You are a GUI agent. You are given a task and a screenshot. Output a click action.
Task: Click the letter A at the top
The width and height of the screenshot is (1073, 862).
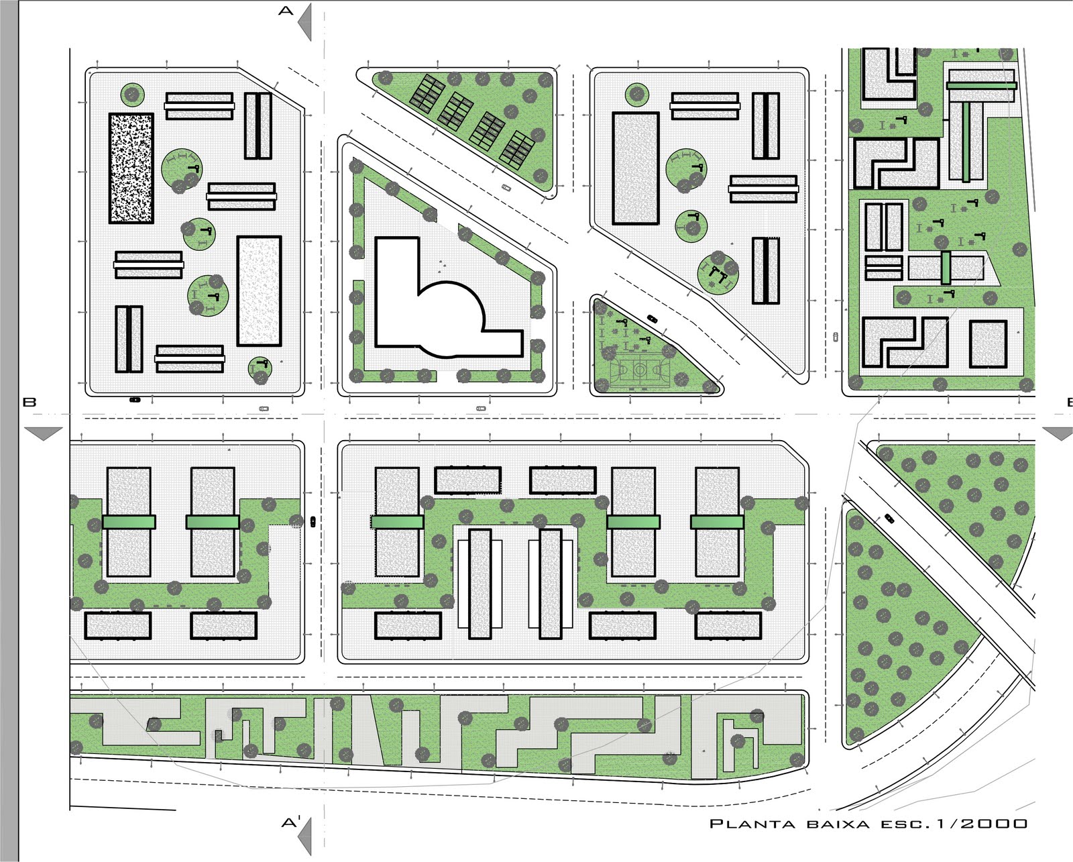(x=286, y=11)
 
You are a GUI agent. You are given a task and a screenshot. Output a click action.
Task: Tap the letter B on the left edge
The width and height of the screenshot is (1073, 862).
(x=30, y=402)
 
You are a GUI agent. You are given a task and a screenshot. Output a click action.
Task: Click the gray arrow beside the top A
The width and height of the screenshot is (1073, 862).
(x=305, y=22)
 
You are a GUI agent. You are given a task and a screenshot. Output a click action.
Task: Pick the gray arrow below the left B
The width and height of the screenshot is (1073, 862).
(x=44, y=433)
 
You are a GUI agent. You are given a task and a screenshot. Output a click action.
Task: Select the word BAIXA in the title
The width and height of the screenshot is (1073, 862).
(x=838, y=824)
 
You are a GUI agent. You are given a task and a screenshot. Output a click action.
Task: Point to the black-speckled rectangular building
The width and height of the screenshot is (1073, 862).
(x=131, y=168)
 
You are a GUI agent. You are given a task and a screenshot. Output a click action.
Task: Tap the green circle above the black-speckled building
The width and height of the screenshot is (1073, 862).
(x=132, y=94)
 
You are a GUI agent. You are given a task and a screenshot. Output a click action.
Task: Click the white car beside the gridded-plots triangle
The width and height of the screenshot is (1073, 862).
(x=506, y=188)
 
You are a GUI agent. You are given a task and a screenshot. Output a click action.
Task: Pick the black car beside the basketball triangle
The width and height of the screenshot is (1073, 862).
(x=652, y=319)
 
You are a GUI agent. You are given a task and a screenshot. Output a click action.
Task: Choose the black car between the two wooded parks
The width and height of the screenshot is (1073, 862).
(x=889, y=518)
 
